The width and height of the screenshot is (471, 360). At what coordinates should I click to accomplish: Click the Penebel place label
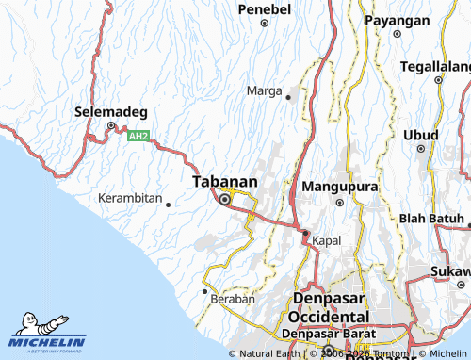pos(265,8)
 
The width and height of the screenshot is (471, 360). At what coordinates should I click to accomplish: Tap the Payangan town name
pos(397,20)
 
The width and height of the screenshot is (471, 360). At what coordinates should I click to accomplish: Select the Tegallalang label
pos(435,67)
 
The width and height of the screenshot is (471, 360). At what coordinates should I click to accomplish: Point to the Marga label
pos(264,90)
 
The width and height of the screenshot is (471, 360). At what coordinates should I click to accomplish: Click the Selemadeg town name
pos(109,112)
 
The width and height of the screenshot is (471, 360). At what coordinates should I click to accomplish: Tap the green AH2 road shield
pos(138,137)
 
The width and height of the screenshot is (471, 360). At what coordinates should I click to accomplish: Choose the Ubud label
pos(421,135)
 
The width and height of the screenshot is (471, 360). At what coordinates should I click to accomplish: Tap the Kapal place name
pos(326,240)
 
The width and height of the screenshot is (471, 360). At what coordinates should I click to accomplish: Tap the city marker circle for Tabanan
pos(224,199)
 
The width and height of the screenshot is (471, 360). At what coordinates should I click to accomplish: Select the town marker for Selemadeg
pos(110,126)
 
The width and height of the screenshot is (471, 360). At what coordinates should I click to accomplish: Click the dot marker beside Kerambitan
pos(168,204)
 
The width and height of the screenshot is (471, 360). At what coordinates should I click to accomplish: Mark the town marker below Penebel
pos(265,23)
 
